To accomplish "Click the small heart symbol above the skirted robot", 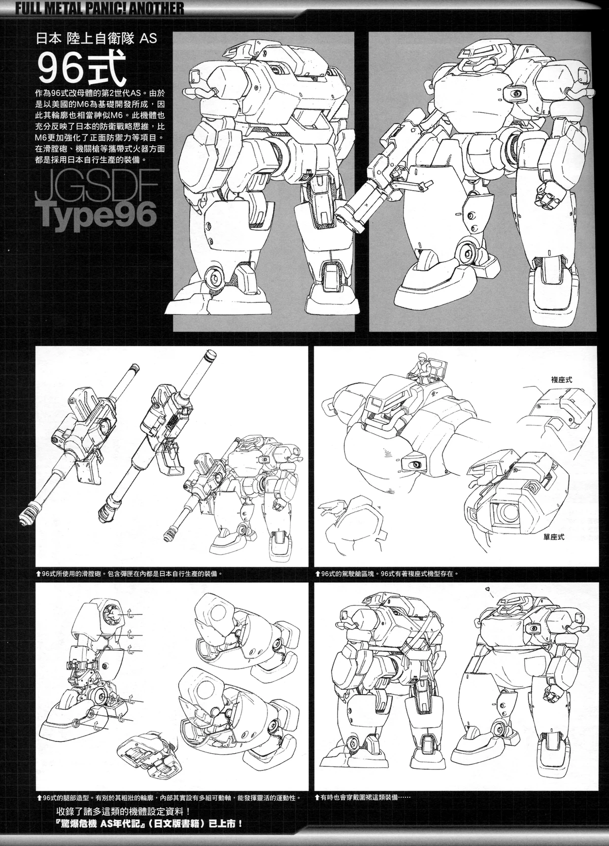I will point(487,589).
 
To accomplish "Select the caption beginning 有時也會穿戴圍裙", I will point(366,811).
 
